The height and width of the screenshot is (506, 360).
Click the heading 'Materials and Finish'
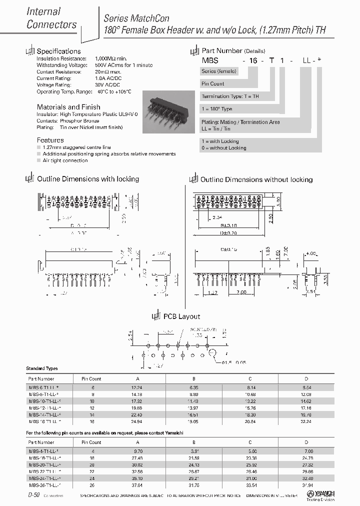pos(68,107)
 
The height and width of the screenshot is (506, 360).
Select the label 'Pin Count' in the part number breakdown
pos(213,84)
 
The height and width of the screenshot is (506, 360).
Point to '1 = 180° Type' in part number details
pos(216,109)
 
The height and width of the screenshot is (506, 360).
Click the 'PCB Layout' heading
pos(181,316)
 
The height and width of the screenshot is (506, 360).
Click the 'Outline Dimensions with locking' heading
pos(88,179)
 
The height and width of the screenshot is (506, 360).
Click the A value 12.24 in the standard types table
pos(136,387)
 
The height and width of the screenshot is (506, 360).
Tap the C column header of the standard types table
pos(250,378)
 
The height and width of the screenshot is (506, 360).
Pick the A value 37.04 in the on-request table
pos(136,484)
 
